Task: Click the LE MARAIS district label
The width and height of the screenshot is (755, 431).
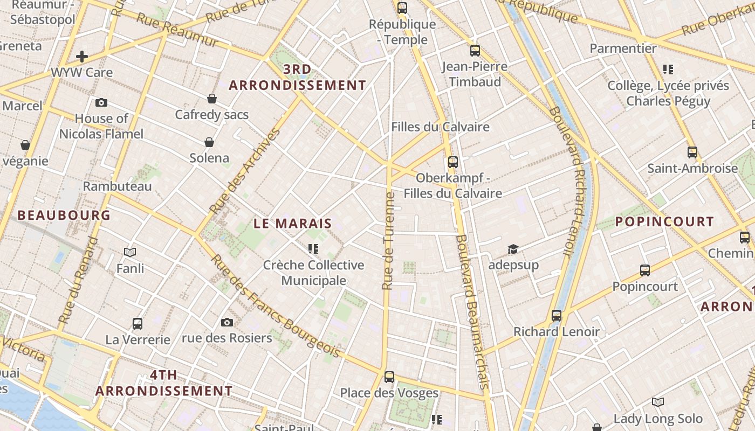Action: point(292,223)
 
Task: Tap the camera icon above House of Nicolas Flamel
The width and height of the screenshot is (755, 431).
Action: point(101,102)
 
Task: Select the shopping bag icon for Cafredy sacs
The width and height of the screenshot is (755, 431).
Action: point(212,99)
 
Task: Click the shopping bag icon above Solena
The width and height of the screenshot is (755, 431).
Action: point(209,142)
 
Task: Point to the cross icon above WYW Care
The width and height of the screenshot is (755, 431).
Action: point(82,56)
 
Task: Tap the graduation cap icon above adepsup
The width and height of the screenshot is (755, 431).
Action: point(513,249)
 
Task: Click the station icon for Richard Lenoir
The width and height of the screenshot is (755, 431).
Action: point(557,316)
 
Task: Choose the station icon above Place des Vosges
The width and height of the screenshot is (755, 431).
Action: point(389,377)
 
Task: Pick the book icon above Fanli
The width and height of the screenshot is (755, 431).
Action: point(130,252)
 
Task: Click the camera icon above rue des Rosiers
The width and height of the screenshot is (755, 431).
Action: point(227,322)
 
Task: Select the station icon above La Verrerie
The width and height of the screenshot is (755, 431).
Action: point(138,324)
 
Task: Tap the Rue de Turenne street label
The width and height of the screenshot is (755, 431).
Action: point(389,241)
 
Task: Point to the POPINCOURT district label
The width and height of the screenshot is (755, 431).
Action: point(664,221)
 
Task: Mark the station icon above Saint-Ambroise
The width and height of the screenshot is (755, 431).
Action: point(692,152)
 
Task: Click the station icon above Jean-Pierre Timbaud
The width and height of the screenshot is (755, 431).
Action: point(475,51)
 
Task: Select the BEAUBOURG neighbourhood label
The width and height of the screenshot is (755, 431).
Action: point(64,215)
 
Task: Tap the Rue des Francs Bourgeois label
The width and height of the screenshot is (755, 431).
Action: point(274,306)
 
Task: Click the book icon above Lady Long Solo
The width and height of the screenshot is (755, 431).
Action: point(658,402)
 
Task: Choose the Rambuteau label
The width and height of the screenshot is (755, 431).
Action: point(117,186)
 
